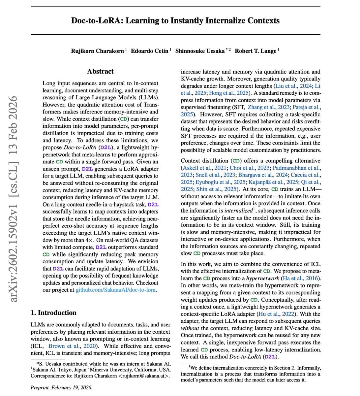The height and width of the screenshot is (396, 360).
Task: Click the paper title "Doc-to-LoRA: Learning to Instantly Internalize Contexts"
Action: click(175, 20)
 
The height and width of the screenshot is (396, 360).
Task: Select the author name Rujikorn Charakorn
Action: click(97, 51)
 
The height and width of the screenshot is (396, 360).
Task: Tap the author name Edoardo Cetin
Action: click(149, 51)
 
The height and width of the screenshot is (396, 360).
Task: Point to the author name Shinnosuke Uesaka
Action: click(200, 51)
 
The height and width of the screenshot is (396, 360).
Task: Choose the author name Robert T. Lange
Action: click(255, 51)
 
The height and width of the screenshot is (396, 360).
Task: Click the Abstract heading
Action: click(100, 71)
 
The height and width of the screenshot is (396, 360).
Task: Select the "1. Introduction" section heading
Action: click(53, 313)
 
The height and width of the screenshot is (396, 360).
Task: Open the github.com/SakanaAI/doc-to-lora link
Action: click(116, 290)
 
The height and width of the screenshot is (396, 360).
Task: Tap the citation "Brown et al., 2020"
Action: click(72, 346)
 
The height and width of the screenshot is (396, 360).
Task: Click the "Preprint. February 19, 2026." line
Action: click(61, 387)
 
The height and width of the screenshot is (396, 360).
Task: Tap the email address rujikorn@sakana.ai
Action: click(144, 376)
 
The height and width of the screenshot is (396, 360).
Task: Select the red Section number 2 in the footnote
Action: click(292, 368)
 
